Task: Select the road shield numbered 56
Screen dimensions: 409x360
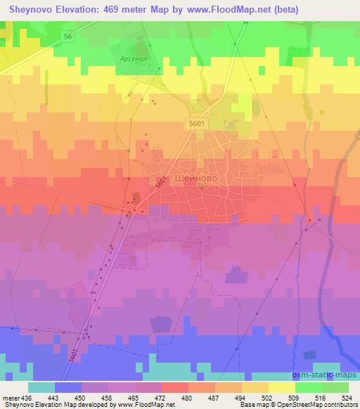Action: (67, 36)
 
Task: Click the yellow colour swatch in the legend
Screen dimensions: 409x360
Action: (282, 387)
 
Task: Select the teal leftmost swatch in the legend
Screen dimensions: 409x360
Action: (41, 387)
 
